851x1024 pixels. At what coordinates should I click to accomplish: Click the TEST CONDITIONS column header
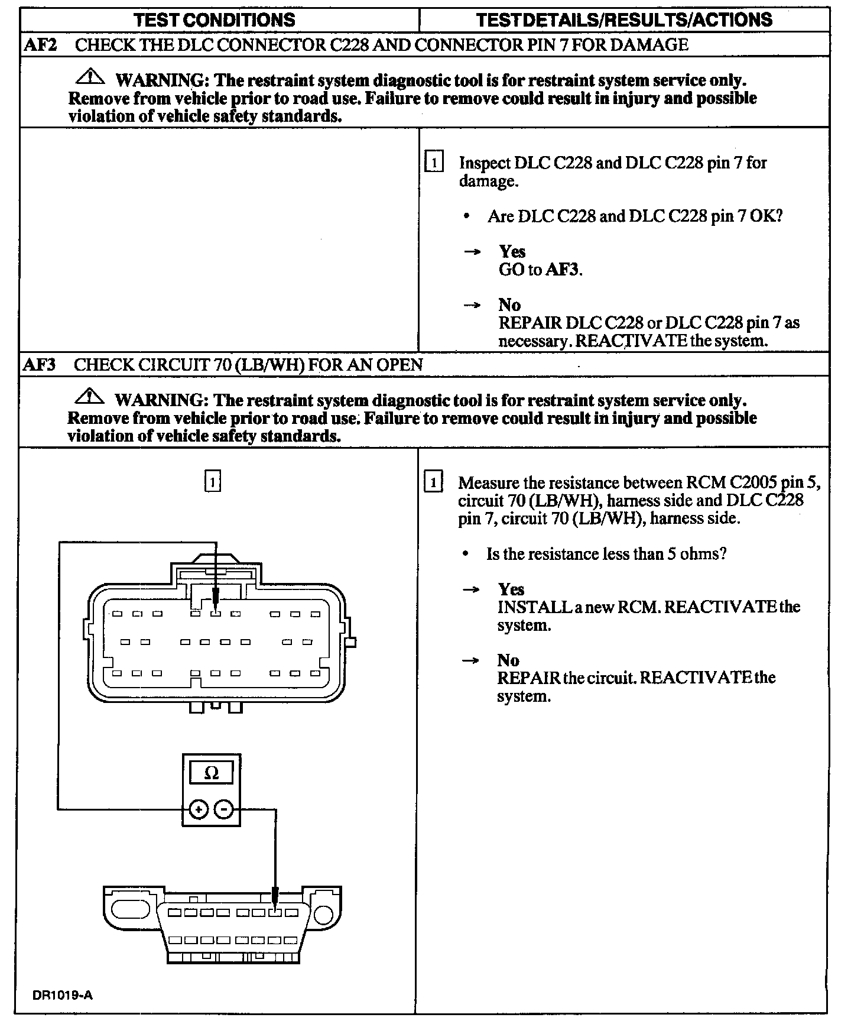click(x=215, y=20)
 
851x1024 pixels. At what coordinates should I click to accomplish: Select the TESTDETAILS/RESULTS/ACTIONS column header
click(x=624, y=20)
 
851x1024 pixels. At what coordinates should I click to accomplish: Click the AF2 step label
click(x=40, y=45)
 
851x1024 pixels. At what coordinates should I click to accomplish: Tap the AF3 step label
click(x=39, y=364)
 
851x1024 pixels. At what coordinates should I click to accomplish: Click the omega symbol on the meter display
click(x=211, y=773)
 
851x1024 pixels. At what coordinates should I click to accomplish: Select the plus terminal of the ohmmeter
click(x=199, y=809)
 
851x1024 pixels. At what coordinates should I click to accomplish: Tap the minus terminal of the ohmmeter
click(x=223, y=809)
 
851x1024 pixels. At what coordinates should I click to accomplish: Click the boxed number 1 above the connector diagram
click(x=212, y=481)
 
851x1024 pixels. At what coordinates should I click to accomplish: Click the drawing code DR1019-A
click(x=63, y=995)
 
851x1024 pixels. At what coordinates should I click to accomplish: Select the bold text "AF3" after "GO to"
click(x=563, y=270)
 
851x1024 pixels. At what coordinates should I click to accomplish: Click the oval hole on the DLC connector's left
click(x=126, y=909)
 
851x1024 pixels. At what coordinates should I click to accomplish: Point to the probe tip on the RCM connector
click(x=216, y=609)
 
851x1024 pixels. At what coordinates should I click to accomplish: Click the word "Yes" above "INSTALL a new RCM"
click(x=511, y=589)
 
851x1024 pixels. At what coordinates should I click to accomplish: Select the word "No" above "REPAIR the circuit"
click(x=508, y=660)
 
